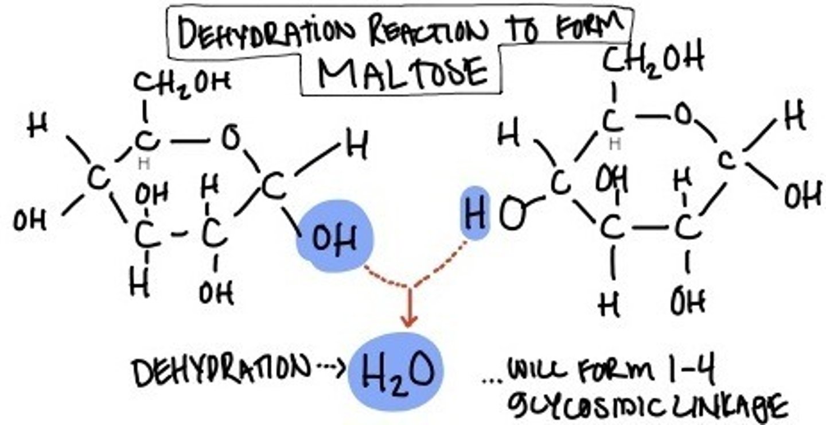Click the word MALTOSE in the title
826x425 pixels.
(x=403, y=74)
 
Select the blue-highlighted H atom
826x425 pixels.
(x=475, y=214)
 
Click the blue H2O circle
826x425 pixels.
(x=396, y=371)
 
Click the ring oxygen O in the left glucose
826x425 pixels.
(x=231, y=138)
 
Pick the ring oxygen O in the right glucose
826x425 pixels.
(x=683, y=115)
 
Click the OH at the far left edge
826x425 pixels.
(x=29, y=220)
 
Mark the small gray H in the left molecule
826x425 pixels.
(x=144, y=164)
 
